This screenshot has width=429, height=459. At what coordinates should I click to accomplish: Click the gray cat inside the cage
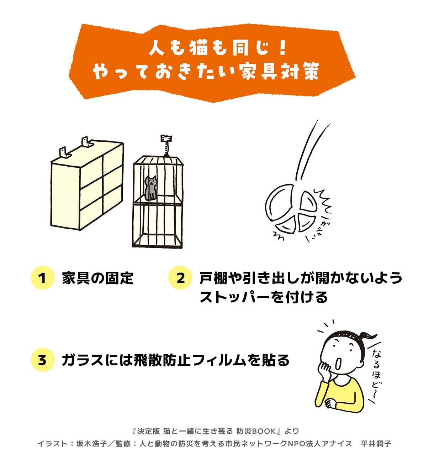pyautogui.click(x=150, y=188)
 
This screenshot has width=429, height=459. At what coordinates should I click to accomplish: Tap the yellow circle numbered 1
pyautogui.click(x=42, y=278)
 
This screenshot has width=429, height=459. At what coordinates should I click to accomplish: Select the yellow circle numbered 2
pyautogui.click(x=180, y=278)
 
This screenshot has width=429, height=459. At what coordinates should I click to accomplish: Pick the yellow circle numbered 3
pyautogui.click(x=42, y=360)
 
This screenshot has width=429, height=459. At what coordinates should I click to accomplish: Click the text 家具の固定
pyautogui.click(x=98, y=278)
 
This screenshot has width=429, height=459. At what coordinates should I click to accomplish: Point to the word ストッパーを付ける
pyautogui.click(x=264, y=297)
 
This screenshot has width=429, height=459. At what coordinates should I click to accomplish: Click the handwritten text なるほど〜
pyautogui.click(x=376, y=372)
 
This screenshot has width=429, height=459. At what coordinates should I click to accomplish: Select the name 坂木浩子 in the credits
pyautogui.click(x=91, y=444)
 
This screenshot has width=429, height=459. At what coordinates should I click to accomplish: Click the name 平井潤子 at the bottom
pyautogui.click(x=376, y=444)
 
